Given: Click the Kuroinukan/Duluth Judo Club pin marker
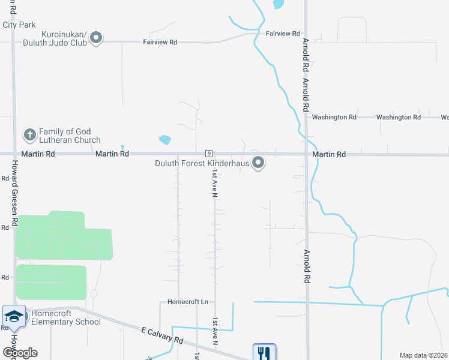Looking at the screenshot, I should tap(97, 38).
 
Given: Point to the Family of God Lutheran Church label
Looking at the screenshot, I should tap(70, 136).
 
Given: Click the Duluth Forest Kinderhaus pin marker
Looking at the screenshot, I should tap(259, 163).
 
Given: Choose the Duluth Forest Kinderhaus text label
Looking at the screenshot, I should tap(201, 163).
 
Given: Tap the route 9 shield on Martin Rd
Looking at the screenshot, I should tap(208, 154).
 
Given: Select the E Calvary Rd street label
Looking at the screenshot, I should tap(162, 335).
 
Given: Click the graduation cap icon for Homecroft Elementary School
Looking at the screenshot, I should tap(14, 316).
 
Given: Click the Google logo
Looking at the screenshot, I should tap(20, 353).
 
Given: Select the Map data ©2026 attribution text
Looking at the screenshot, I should tap(423, 355).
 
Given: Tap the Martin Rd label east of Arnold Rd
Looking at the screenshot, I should tap(329, 154).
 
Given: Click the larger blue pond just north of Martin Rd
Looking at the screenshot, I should tap(164, 140).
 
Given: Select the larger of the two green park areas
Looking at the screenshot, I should tap(62, 236).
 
